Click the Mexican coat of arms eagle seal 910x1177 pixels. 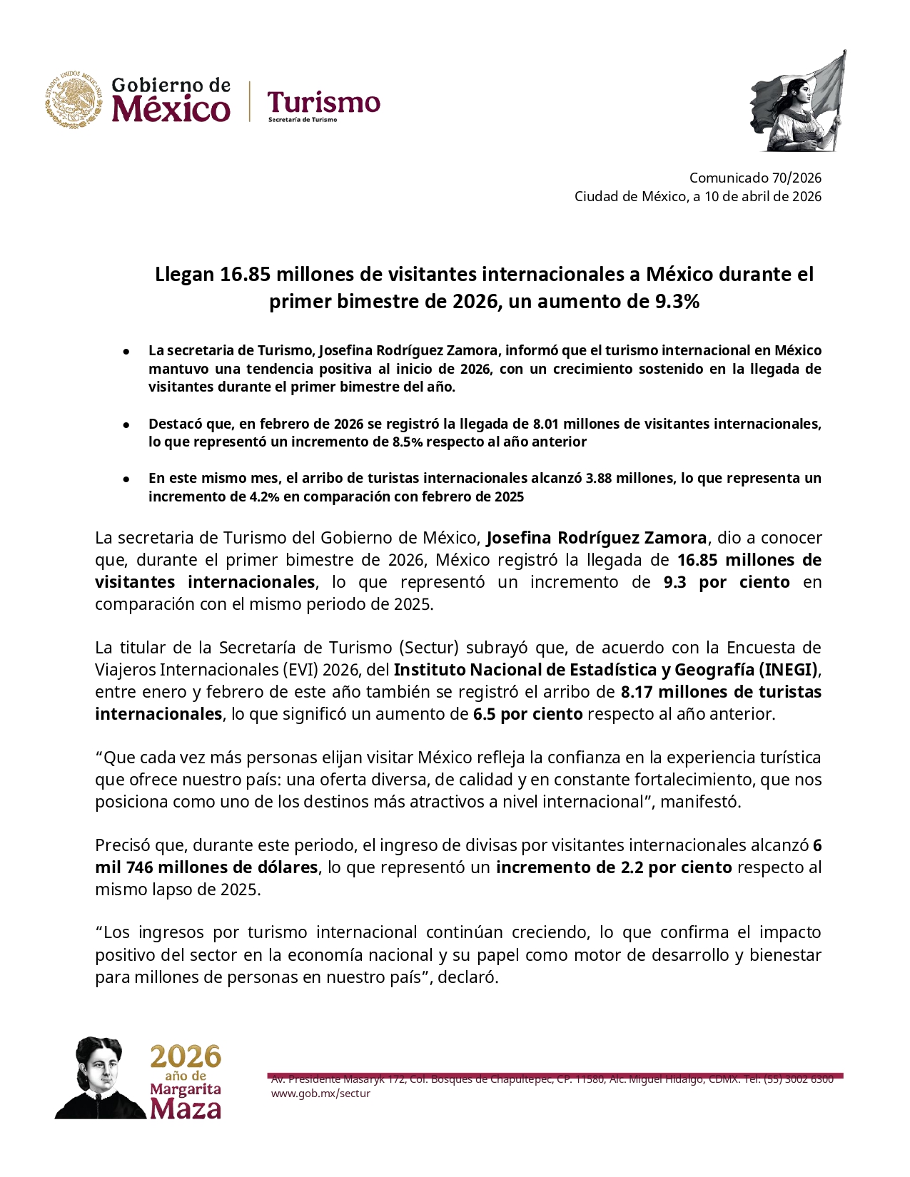(x=74, y=100)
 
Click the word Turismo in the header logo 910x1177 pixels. (x=323, y=103)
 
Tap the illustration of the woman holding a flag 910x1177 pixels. (x=798, y=102)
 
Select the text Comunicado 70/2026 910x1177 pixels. (x=755, y=178)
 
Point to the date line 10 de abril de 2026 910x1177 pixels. (x=763, y=196)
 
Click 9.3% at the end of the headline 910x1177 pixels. (x=677, y=302)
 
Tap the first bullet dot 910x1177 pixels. (x=126, y=351)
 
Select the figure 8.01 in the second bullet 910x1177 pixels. (x=547, y=424)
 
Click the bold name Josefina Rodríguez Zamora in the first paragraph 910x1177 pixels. (x=597, y=538)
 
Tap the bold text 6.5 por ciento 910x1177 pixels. (x=527, y=714)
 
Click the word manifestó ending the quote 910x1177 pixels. (x=700, y=802)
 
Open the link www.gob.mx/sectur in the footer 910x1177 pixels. (x=320, y=1094)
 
